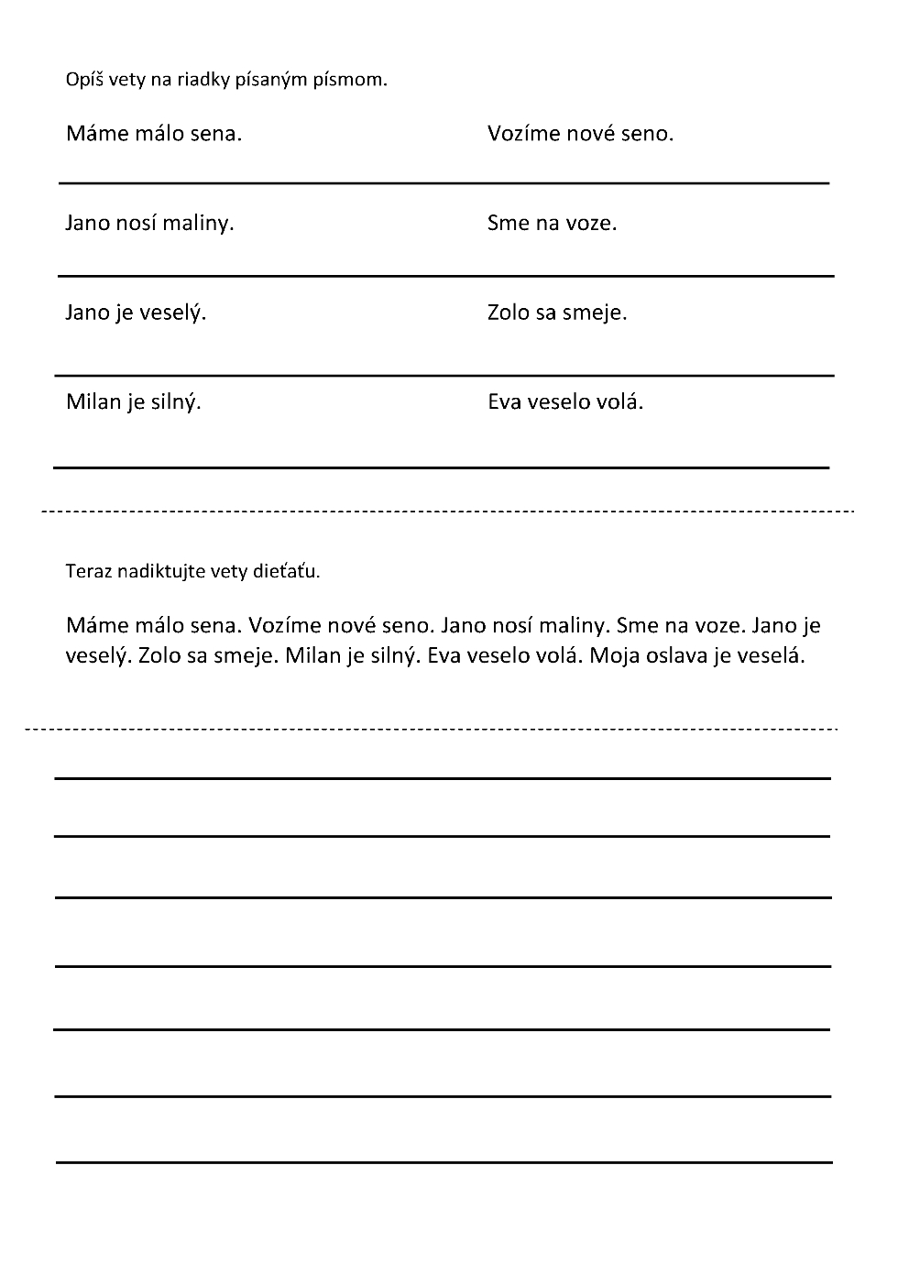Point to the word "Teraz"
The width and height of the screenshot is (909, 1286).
click(x=86, y=571)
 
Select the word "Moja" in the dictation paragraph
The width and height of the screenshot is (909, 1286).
click(x=614, y=656)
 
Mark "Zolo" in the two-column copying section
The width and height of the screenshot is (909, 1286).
click(x=509, y=313)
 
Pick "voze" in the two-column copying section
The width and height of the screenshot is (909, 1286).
click(x=589, y=223)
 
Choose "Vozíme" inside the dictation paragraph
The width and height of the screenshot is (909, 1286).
click(x=284, y=625)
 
